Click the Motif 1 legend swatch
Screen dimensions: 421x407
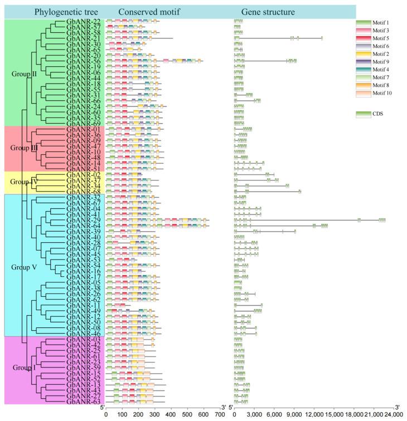(363, 23)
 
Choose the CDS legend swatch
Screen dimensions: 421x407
(363, 114)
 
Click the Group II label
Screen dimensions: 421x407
(23, 73)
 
